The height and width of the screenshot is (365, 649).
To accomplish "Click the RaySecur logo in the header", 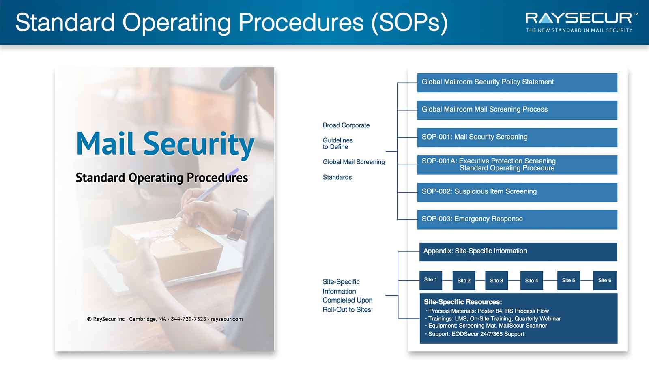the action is (581, 22).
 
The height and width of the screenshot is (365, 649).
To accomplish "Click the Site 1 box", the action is (430, 280).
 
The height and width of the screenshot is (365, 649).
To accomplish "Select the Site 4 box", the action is (531, 280).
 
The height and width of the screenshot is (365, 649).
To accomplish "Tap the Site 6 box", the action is (605, 280).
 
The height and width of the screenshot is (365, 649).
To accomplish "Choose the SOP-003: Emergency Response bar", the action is (517, 219).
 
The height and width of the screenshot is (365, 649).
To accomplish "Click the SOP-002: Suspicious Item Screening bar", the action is (517, 192).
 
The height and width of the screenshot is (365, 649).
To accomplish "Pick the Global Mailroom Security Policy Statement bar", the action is (517, 83).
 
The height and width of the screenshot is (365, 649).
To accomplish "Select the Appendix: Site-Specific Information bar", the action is (518, 252).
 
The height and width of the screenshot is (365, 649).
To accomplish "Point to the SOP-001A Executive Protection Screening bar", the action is (517, 165).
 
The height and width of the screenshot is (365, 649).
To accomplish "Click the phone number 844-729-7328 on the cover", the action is (188, 319).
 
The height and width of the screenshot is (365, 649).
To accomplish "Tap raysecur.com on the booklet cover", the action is (227, 319).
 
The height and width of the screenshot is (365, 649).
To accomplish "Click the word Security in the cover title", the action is (199, 144).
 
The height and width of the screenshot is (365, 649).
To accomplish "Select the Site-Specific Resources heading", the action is (463, 302).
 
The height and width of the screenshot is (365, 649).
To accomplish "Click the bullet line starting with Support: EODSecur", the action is (475, 334).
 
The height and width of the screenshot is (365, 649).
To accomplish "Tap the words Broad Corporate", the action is (346, 125).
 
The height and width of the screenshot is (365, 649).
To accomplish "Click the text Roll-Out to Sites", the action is (347, 310).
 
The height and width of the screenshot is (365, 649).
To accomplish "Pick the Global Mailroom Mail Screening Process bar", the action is (517, 110).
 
